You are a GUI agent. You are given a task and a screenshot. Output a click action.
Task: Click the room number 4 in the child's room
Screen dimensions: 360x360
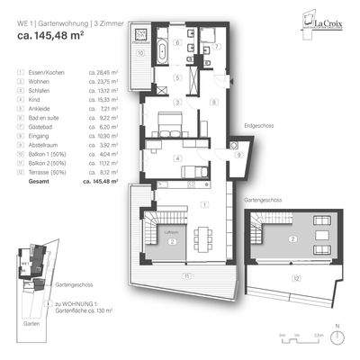(178, 159)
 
